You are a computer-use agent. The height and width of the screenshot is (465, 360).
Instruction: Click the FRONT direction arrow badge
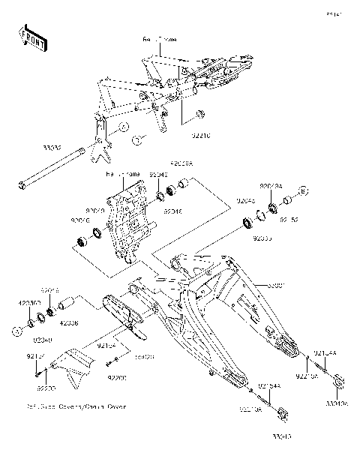[32, 38]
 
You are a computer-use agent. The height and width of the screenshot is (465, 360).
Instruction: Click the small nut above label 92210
[200, 114]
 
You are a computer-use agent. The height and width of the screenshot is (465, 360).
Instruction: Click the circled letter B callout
[304, 190]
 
